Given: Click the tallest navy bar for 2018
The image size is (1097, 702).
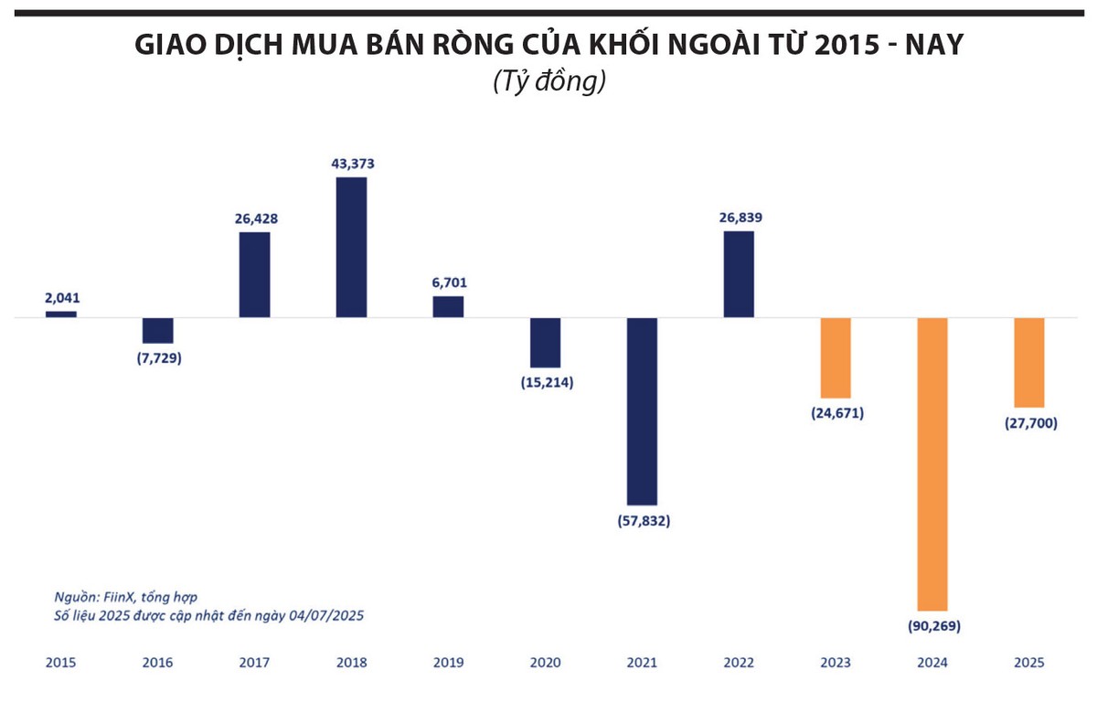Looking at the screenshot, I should tap(351, 247).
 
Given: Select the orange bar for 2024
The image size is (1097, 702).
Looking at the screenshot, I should tap(932, 463).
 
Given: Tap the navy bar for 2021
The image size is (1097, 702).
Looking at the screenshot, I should tap(642, 411).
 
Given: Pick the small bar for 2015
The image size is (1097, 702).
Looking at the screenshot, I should tap(61, 314).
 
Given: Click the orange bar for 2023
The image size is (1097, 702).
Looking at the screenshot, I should tap(836, 357).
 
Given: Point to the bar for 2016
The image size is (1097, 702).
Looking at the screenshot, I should tap(158, 330).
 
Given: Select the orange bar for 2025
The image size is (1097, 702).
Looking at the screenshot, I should tap(1029, 362).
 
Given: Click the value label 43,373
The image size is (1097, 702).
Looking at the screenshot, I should tap(352, 164).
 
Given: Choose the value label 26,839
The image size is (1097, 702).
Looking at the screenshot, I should tap(740, 218).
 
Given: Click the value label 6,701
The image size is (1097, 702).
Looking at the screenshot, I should tap(448, 283).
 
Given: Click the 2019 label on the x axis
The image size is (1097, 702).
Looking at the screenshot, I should tap(448, 663).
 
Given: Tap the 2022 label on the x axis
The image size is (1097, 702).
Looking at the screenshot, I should tap(739, 663).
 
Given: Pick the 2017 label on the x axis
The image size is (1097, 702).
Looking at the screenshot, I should tap(254, 663).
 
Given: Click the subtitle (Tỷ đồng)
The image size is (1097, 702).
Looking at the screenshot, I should tap(548, 81).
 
